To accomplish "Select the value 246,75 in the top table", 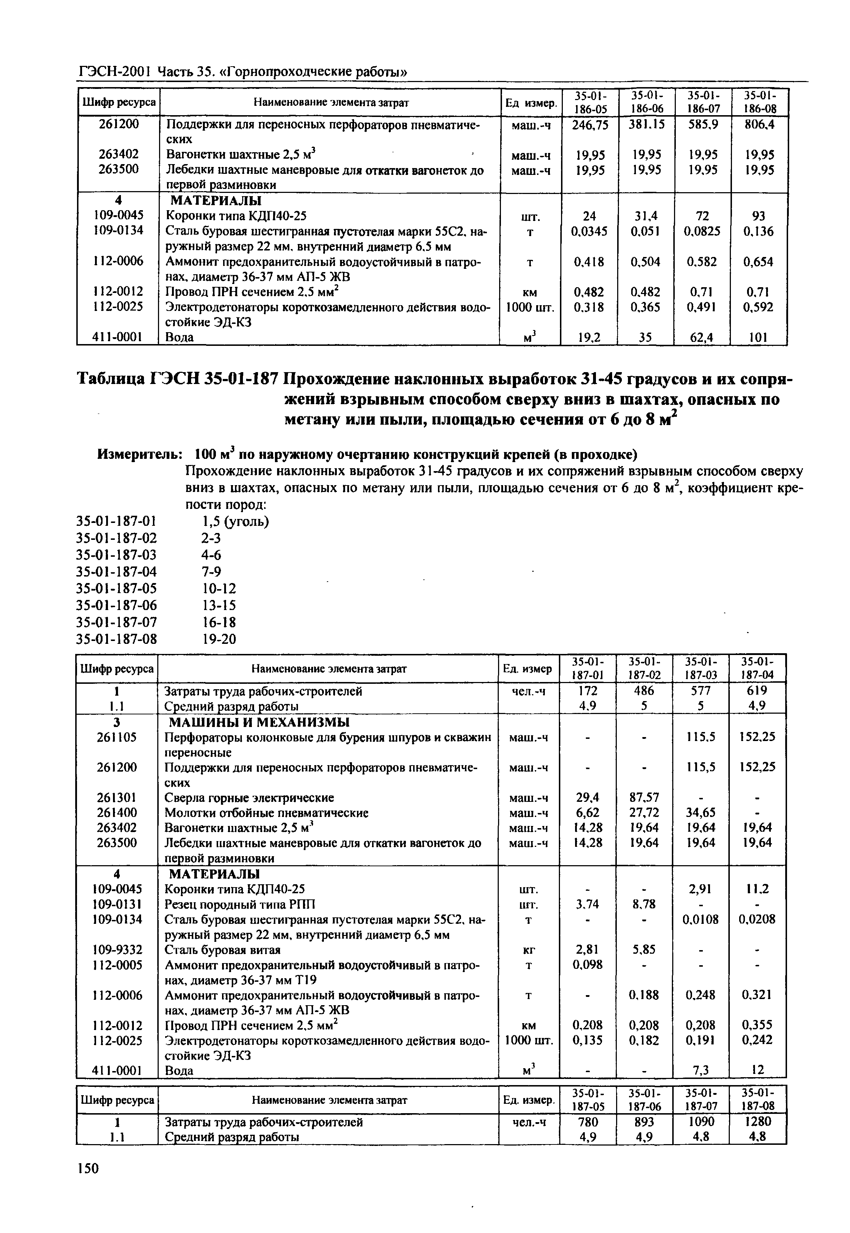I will pyautogui.click(x=589, y=125).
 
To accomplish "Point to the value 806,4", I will pyautogui.click(x=759, y=125).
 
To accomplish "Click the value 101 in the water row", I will pyautogui.click(x=759, y=337).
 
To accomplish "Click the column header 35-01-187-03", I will pyautogui.click(x=701, y=668).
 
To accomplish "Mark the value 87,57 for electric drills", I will pyautogui.click(x=644, y=797).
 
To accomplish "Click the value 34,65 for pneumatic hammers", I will pyautogui.click(x=701, y=813).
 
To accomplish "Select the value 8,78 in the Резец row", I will pyautogui.click(x=644, y=904).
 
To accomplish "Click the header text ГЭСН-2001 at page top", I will pyautogui.click(x=115, y=71).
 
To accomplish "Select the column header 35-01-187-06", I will pyautogui.click(x=644, y=1099).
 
